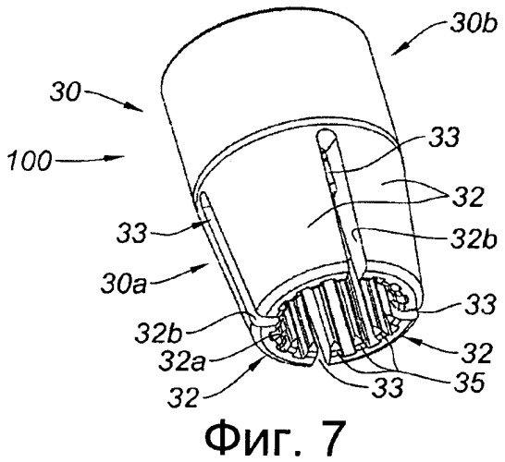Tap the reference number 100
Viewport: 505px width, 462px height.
(x=30, y=160)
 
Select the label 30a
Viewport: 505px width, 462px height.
(x=124, y=284)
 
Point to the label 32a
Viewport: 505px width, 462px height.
(x=182, y=359)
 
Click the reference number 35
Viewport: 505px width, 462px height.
(x=469, y=383)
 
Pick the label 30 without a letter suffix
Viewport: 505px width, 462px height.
(x=65, y=92)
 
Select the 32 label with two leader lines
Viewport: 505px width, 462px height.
(x=468, y=197)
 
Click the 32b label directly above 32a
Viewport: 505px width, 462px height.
(x=159, y=334)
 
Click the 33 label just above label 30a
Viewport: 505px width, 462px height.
(x=131, y=232)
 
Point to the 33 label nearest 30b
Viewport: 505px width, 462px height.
(x=443, y=138)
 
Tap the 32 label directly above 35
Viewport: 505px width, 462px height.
(x=476, y=353)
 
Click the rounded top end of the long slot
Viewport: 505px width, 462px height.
(x=326, y=135)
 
